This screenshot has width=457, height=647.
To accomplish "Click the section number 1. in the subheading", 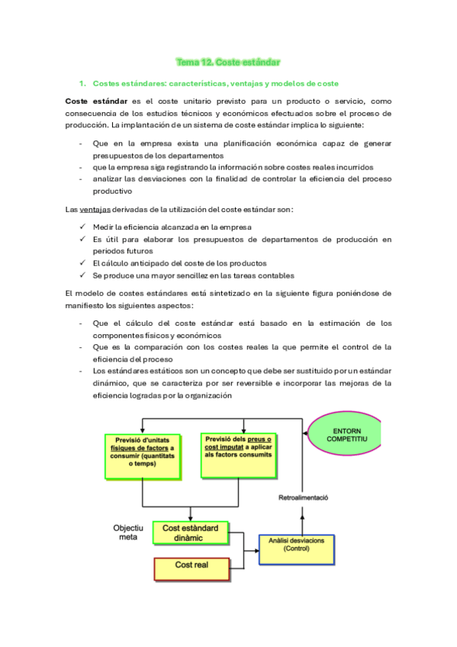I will click(82, 83).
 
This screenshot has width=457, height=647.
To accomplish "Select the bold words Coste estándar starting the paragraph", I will click(98, 101).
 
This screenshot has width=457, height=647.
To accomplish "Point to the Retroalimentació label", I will click(302, 497).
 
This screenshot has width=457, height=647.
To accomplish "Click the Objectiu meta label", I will click(127, 533).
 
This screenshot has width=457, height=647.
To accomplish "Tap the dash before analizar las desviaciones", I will click(82, 179).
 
